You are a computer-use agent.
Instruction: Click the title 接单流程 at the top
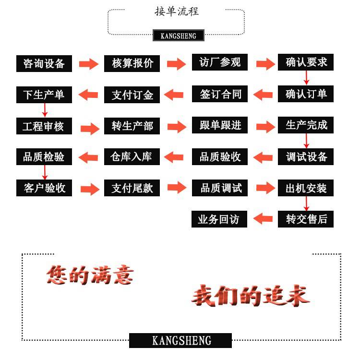(177, 11)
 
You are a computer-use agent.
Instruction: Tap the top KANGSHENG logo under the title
(178, 36)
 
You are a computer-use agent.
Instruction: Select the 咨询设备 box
(44, 63)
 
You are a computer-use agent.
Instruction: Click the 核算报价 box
(132, 63)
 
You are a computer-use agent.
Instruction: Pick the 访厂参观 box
(220, 62)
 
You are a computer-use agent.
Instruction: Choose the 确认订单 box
(306, 94)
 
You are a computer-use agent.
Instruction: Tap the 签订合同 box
(220, 94)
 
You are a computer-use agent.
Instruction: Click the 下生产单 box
(44, 95)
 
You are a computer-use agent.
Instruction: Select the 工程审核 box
(44, 126)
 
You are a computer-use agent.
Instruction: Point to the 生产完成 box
(306, 125)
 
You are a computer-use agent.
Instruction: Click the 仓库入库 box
(132, 157)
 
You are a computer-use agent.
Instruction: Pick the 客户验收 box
(44, 188)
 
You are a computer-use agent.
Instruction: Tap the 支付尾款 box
(132, 188)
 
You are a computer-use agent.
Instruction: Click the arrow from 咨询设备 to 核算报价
(88, 63)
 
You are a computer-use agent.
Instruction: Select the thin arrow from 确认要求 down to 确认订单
(306, 78)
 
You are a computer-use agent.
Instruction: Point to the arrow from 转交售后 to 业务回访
(263, 219)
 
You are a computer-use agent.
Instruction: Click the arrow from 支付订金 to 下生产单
(88, 95)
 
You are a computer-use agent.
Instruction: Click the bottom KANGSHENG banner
(180, 340)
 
